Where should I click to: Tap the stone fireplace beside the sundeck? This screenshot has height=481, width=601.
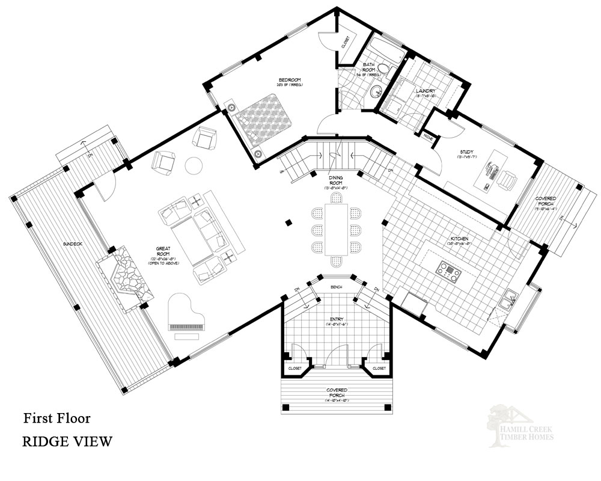[x=128, y=278]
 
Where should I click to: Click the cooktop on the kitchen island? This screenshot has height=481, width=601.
[x=449, y=271]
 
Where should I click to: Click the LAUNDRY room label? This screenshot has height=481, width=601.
[x=425, y=91]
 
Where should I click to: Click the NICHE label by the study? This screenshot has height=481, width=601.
[x=428, y=137]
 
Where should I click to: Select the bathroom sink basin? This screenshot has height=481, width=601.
[x=377, y=91]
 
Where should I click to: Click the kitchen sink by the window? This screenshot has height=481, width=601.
[x=509, y=296]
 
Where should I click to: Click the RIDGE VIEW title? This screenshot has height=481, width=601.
[x=67, y=442]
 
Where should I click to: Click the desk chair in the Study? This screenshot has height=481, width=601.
[x=510, y=179]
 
